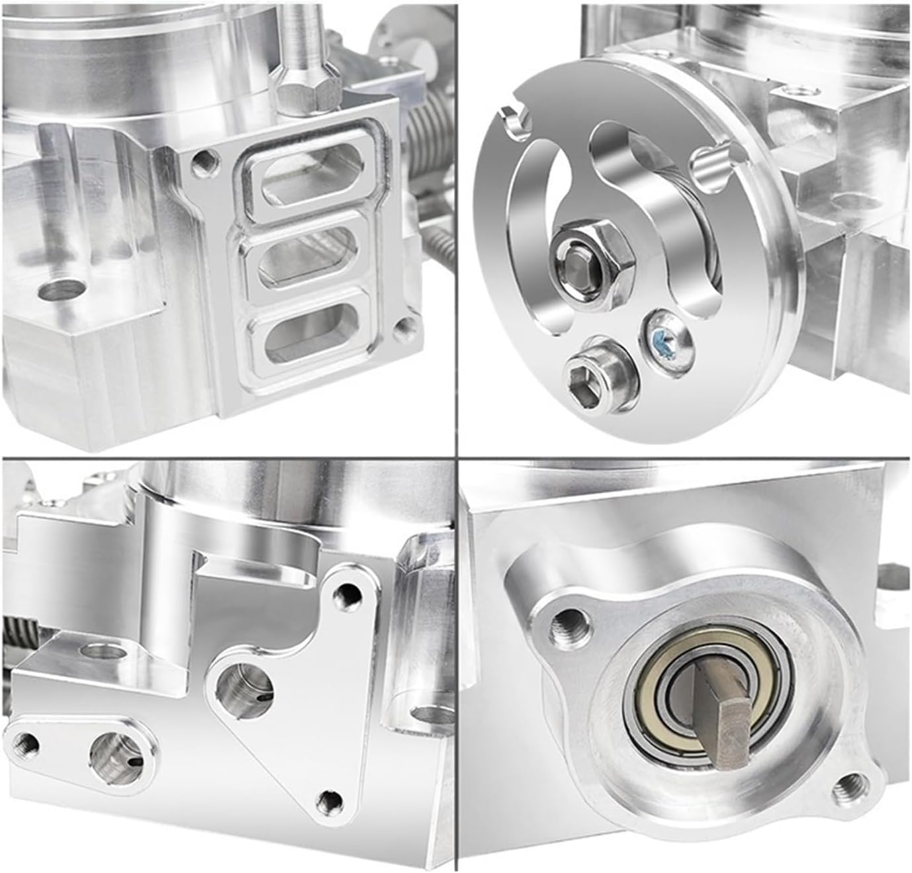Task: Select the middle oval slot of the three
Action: pyautogui.click(x=306, y=257)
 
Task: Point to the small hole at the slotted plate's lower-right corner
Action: pyautogui.click(x=403, y=326)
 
